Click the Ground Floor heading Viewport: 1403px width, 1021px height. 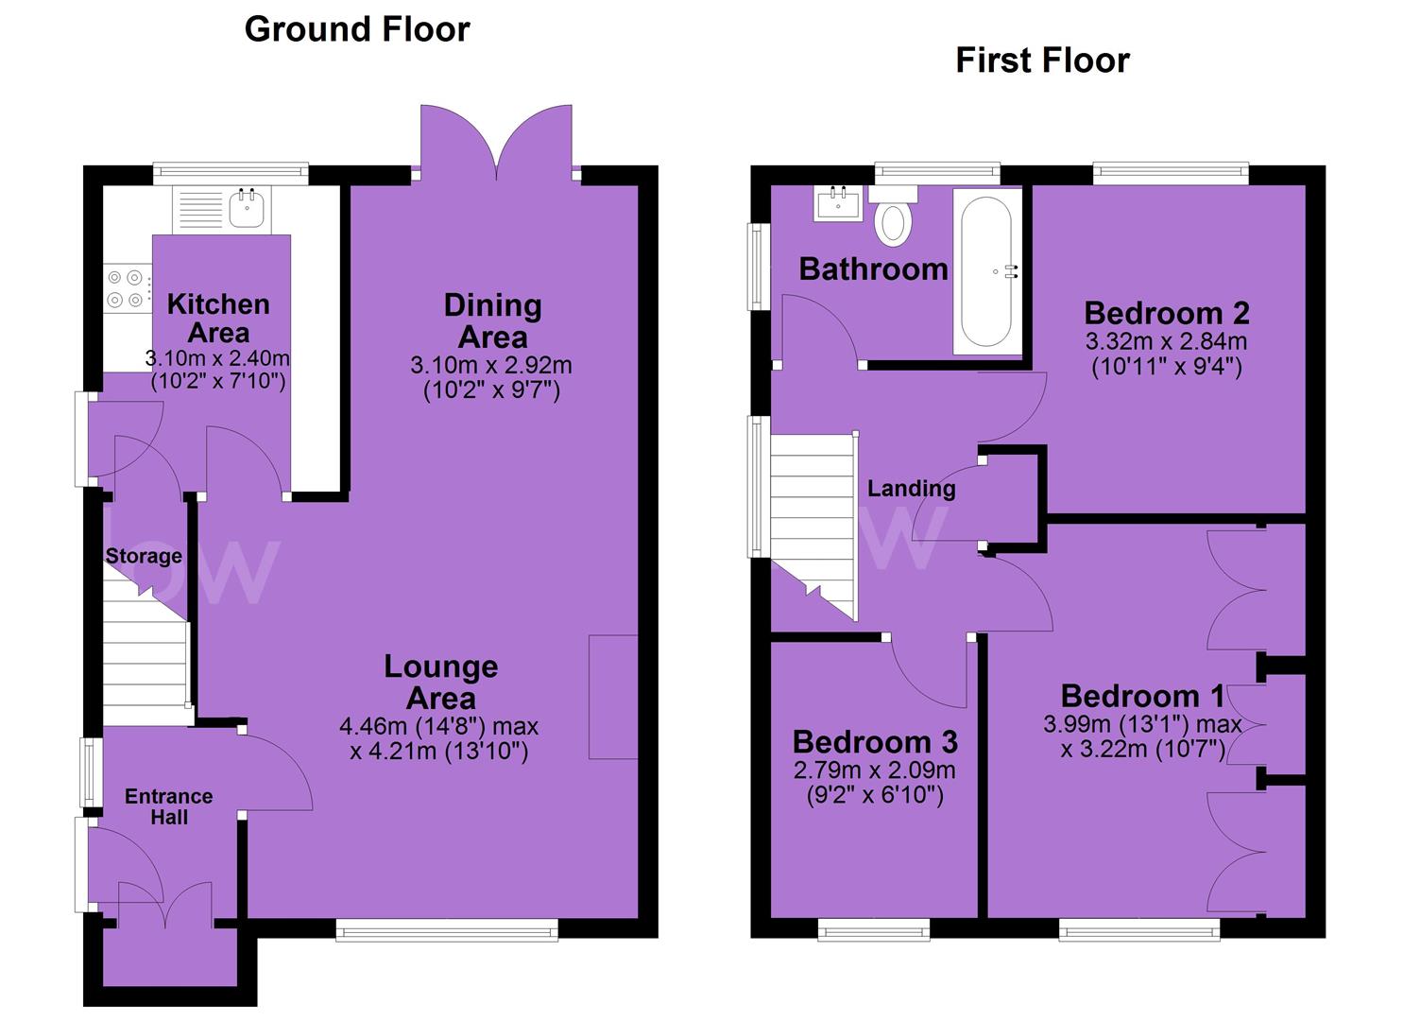(x=357, y=29)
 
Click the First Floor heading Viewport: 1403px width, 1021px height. (x=1043, y=61)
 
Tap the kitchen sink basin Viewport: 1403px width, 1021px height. (x=247, y=208)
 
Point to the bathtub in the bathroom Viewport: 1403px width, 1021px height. (x=986, y=271)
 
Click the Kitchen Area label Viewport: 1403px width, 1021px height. (x=218, y=319)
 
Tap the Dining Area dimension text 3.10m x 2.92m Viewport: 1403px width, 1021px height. (x=491, y=365)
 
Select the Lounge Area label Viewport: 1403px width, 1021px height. (x=441, y=683)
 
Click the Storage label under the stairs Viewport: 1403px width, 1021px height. (x=144, y=556)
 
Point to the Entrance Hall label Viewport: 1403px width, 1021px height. (x=168, y=806)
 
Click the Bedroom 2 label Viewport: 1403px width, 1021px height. (x=1167, y=313)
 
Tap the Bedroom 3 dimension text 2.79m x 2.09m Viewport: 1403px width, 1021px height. (x=874, y=770)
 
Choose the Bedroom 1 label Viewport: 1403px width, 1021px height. (x=1142, y=697)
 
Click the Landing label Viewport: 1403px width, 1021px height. (x=912, y=489)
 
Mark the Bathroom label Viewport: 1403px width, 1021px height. (x=873, y=268)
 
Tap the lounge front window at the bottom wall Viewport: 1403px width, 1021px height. (x=447, y=930)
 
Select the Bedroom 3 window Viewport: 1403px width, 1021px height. (x=874, y=930)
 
